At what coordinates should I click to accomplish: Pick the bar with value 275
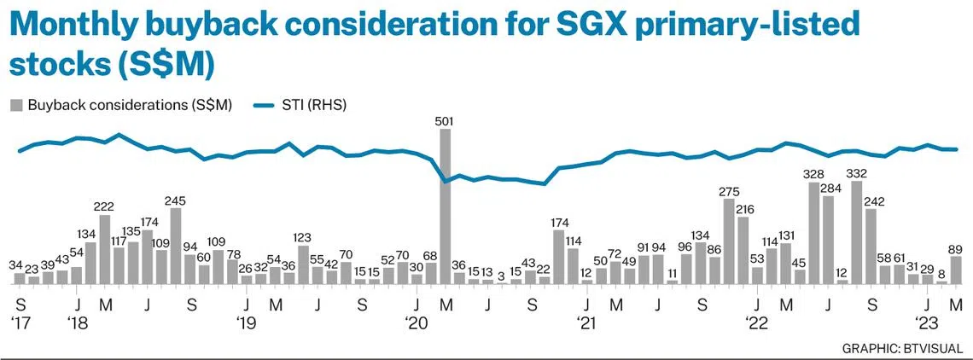point(729,241)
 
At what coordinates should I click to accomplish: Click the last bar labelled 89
point(956,270)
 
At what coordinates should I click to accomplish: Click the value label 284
point(830,188)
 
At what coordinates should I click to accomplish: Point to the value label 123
point(303,237)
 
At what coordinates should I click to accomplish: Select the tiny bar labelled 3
point(502,282)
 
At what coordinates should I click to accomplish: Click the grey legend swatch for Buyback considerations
point(15,105)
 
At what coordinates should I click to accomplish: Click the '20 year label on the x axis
point(417,323)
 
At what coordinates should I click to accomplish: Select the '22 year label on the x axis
point(756,323)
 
